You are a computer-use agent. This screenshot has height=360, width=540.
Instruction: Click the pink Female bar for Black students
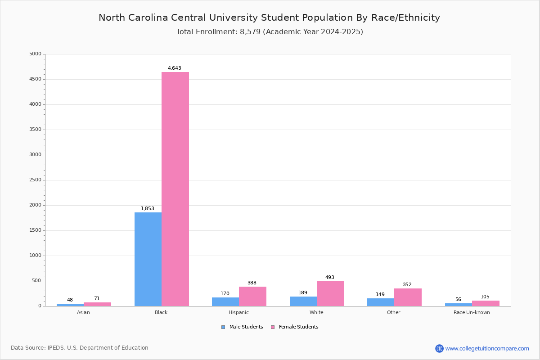pos(175,189)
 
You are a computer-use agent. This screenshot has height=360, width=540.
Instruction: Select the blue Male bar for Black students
pos(148,259)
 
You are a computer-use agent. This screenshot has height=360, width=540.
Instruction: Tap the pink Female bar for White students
pos(330,293)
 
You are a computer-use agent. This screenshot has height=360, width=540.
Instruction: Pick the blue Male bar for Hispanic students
pos(225,301)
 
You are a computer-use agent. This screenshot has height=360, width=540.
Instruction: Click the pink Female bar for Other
pos(408,297)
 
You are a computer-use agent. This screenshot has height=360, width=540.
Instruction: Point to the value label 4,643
pos(175,68)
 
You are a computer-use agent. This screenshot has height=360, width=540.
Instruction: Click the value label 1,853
pos(148,209)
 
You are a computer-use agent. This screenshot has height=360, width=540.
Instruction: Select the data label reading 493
pos(330,278)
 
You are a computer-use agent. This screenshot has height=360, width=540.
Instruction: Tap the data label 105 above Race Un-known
pos(485,297)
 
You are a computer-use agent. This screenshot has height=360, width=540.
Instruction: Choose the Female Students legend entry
pos(295,327)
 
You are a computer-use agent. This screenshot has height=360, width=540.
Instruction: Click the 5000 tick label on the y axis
pos(35,54)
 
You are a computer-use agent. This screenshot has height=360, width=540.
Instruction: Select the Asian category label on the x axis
pos(83,312)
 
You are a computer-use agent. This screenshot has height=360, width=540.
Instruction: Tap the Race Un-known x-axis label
pos(472,312)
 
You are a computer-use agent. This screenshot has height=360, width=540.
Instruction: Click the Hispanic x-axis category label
pos(238,312)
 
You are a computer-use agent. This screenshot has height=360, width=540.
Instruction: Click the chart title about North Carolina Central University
pos(269,18)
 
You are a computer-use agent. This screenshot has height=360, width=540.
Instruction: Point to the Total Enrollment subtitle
pos(270,32)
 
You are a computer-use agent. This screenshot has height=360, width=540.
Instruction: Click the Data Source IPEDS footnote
pos(80,348)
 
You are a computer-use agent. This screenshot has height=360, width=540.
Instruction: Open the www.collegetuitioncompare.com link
pos(487,348)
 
